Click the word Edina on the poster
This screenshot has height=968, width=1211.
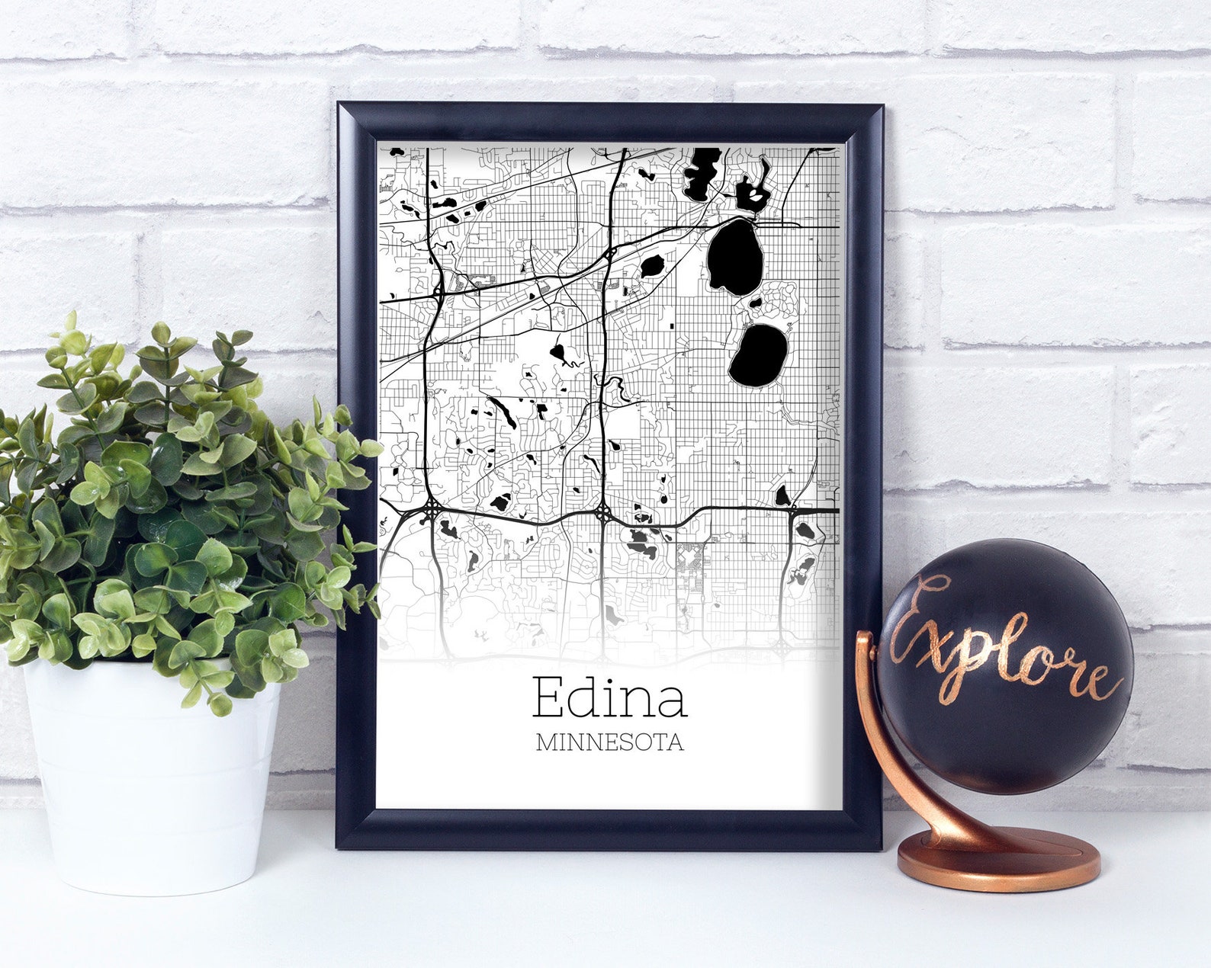click(609, 697)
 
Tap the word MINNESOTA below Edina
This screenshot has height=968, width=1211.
click(609, 742)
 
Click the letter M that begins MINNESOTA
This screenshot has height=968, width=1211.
click(545, 742)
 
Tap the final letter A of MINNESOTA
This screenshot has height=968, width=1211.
click(675, 742)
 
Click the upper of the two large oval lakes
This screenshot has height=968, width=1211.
click(734, 257)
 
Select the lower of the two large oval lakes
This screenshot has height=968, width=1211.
click(757, 354)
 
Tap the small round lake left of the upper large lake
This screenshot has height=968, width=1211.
click(652, 266)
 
